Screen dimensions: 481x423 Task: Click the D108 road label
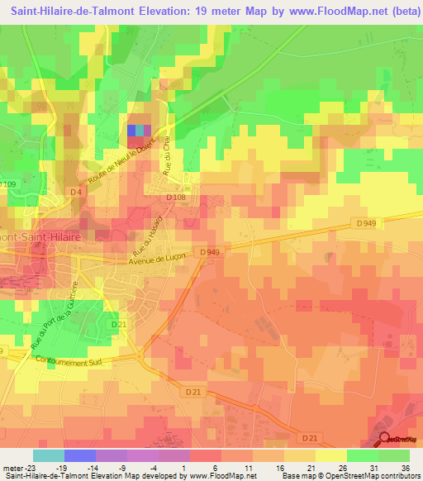tap(175, 198)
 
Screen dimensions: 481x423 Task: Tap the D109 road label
tap(7, 183)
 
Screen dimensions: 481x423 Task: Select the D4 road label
tap(76, 193)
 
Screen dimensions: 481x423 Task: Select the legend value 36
tap(405, 467)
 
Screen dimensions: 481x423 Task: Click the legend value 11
tap(248, 467)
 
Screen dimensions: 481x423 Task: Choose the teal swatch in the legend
tap(49, 455)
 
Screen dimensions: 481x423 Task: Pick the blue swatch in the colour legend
tap(80, 455)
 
